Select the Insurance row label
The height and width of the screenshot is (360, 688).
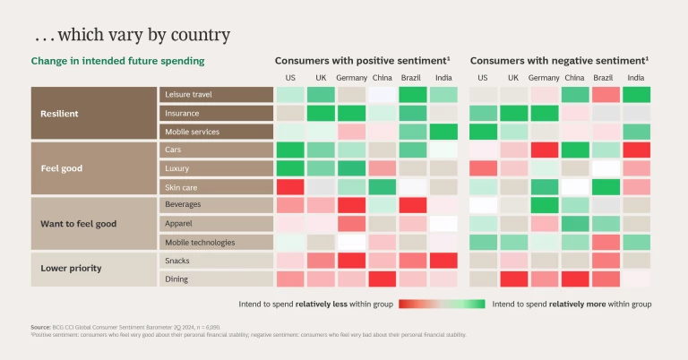(x=183, y=114)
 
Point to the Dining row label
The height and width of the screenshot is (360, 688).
(x=177, y=279)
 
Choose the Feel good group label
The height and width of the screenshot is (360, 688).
(x=64, y=167)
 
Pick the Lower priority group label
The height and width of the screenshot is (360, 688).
(x=71, y=269)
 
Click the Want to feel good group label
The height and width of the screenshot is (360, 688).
(x=79, y=223)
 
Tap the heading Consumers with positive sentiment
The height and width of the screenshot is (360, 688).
(x=362, y=60)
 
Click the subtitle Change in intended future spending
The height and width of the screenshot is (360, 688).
(x=117, y=61)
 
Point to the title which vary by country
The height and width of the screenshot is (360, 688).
(x=132, y=35)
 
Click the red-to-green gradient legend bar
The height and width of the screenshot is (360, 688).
(x=442, y=304)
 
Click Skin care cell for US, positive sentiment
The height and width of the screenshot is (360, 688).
(x=290, y=187)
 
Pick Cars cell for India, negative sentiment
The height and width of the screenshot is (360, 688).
(x=636, y=150)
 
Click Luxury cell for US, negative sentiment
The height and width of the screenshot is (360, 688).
(x=483, y=168)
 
